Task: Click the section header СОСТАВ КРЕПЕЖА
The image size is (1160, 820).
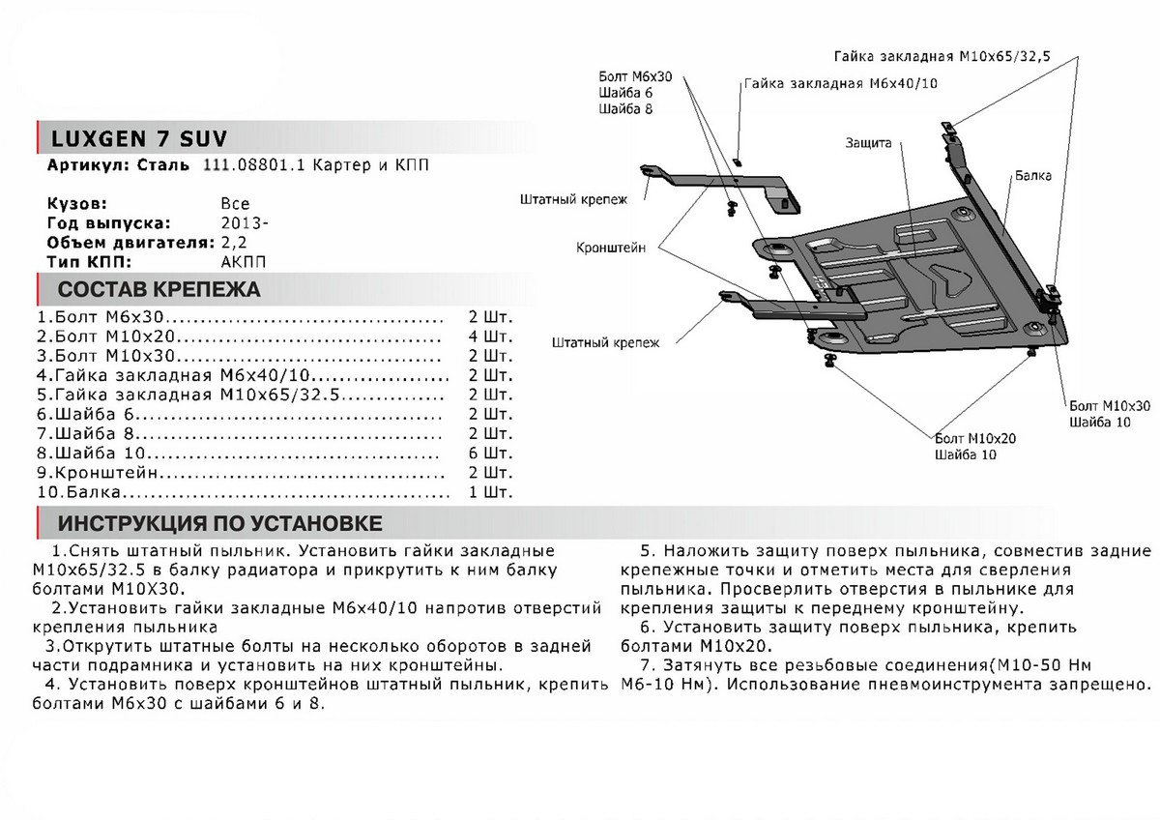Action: [x=159, y=290]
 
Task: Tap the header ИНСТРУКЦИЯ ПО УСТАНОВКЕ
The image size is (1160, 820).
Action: [x=219, y=524]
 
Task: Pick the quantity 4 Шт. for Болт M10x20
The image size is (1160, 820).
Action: [x=489, y=337]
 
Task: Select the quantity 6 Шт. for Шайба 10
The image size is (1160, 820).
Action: [x=489, y=453]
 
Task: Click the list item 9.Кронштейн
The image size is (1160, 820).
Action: [x=96, y=473]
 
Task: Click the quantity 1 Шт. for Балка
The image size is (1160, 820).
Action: [x=489, y=492]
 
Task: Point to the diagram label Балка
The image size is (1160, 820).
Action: [x=1033, y=177]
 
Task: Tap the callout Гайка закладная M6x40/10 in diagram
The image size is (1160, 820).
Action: [x=840, y=84]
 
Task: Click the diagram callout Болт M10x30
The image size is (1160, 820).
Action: [x=1110, y=405]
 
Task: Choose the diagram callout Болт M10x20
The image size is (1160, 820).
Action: [x=974, y=438]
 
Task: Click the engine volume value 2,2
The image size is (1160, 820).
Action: [x=233, y=242]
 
